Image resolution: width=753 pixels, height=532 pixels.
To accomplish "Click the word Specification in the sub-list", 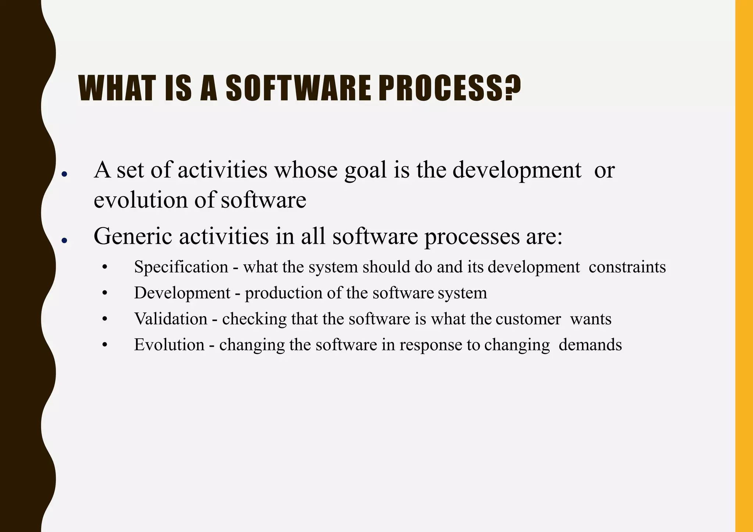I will (x=181, y=267).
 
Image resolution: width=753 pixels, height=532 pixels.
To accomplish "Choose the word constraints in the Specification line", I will (x=627, y=267).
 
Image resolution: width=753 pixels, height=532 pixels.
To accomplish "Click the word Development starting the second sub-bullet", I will (x=182, y=293).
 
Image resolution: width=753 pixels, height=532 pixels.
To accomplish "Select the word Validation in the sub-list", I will (x=171, y=319).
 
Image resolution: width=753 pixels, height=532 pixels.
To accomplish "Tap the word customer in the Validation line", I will (x=528, y=319).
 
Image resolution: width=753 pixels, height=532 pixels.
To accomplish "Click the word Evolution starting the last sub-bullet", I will (x=169, y=345).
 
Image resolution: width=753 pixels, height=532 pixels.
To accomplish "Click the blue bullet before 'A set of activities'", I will (x=64, y=175).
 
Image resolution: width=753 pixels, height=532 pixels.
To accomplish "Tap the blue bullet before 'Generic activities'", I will (x=64, y=241).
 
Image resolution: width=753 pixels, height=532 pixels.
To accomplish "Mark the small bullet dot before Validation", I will (x=105, y=319).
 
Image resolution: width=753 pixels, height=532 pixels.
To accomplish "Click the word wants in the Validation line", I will (x=590, y=319).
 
